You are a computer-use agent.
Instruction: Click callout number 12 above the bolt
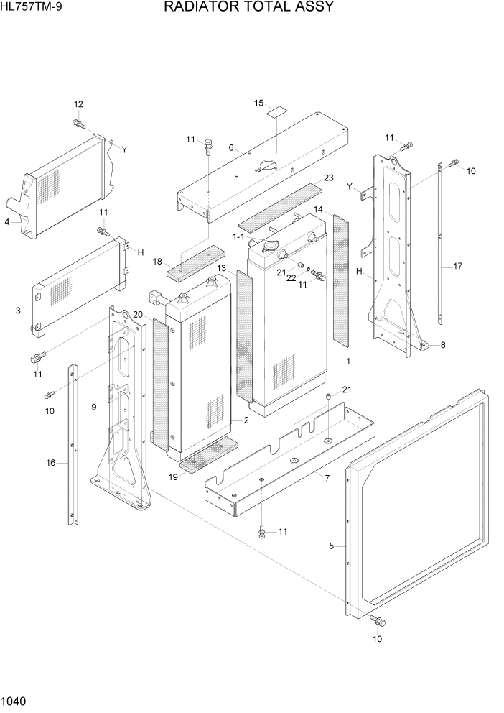(x=78, y=105)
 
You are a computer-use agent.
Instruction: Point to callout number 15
(x=259, y=103)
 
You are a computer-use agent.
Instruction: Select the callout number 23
(x=329, y=178)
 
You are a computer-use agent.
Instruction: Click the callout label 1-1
(x=238, y=236)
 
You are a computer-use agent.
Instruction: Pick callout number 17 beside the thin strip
(x=457, y=266)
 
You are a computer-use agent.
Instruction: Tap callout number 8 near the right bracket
(x=443, y=345)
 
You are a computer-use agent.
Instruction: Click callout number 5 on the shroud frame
(x=332, y=546)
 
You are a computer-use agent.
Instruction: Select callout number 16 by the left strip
(x=51, y=463)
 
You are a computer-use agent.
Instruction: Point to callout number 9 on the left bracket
(x=94, y=407)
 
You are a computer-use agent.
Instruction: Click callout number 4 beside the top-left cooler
(x=6, y=222)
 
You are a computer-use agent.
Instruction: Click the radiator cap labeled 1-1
(x=271, y=248)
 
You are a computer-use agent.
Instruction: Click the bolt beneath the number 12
(x=78, y=124)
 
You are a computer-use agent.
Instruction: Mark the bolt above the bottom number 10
(x=377, y=620)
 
